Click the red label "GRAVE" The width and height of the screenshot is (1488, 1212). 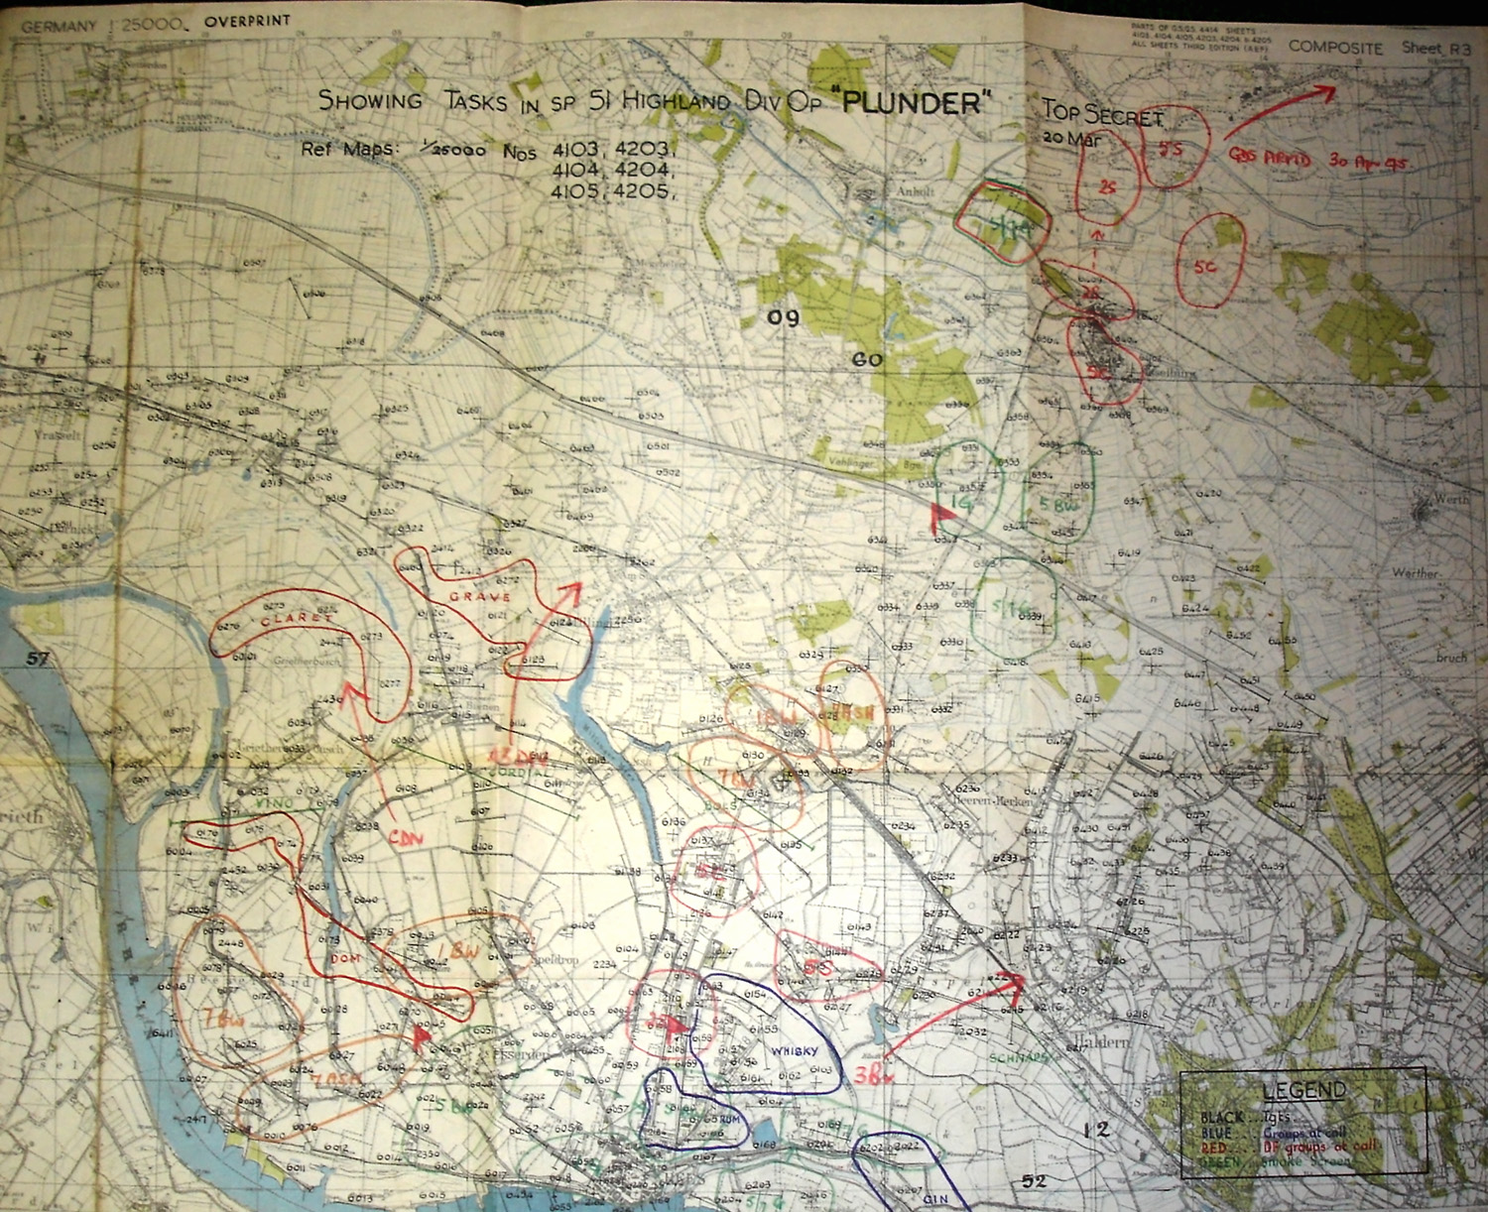(x=479, y=597)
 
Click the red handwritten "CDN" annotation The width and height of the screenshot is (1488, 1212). (x=406, y=838)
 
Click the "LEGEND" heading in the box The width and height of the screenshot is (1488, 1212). (x=1303, y=1090)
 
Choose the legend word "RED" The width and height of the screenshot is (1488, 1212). (x=1204, y=1149)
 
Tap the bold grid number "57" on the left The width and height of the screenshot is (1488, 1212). (x=39, y=659)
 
